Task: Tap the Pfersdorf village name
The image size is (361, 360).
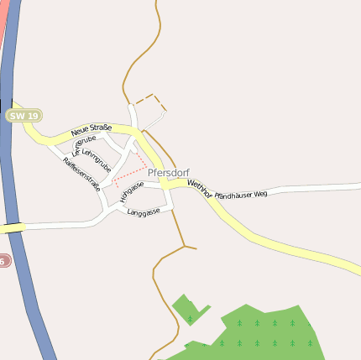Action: coord(168,173)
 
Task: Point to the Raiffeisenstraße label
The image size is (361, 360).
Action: coord(81,175)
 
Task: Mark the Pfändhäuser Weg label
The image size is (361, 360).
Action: coord(241,194)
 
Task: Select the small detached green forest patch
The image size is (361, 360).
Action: coord(188,309)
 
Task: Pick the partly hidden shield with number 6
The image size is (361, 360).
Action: coord(3,261)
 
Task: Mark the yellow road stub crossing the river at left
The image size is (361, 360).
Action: coord(12,227)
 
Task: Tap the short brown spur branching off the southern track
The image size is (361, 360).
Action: coord(191,248)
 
